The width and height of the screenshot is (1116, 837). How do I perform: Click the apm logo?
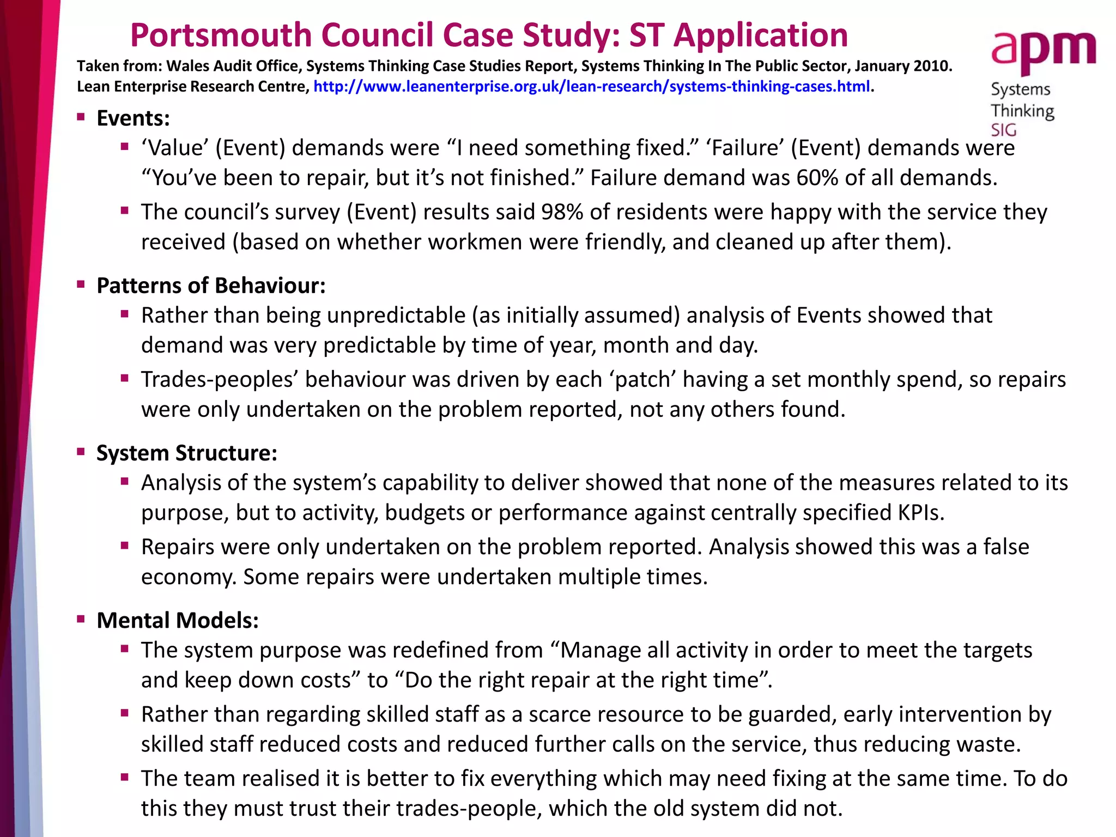click(x=1043, y=52)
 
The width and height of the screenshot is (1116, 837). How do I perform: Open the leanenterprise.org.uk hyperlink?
click(x=591, y=87)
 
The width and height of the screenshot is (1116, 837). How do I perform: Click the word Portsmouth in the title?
click(x=220, y=35)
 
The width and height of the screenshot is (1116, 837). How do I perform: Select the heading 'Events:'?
click(x=133, y=118)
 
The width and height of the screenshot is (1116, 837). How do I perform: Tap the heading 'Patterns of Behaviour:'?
click(x=211, y=286)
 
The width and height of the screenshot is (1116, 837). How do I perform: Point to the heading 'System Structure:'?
click(x=186, y=453)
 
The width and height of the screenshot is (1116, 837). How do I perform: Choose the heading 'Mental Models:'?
click(x=177, y=620)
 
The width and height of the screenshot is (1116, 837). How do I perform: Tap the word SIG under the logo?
click(x=1003, y=130)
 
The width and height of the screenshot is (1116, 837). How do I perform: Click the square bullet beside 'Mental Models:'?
click(x=81, y=619)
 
